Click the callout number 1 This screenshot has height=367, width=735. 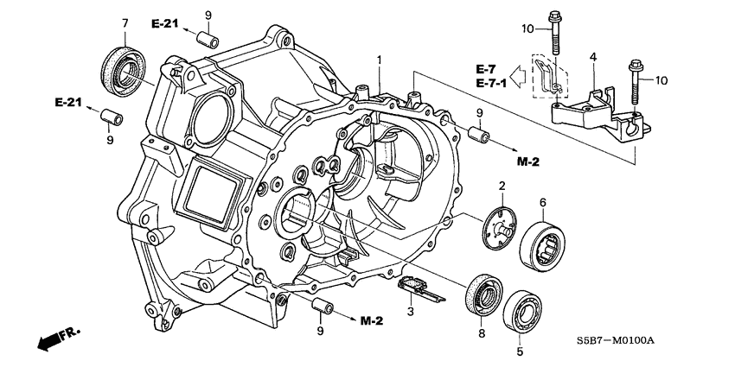pyautogui.click(x=378, y=59)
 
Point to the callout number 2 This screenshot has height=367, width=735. pyautogui.click(x=501, y=186)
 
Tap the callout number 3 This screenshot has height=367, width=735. pyautogui.click(x=412, y=312)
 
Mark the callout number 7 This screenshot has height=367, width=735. pyautogui.click(x=125, y=22)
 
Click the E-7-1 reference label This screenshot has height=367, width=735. pyautogui.click(x=487, y=84)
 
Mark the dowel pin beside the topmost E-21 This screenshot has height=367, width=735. pyautogui.click(x=207, y=41)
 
